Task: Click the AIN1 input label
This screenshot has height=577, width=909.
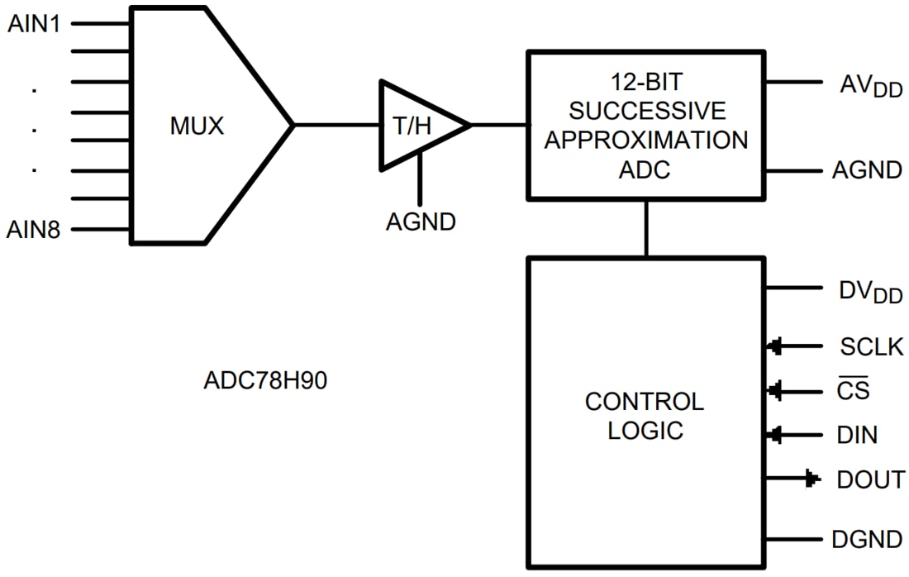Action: pos(35,24)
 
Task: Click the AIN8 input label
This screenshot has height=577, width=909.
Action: pos(35,229)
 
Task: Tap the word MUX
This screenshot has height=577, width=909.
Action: pos(197,126)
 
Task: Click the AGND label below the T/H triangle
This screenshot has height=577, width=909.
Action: pos(421,222)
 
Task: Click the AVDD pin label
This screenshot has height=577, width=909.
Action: pos(870,84)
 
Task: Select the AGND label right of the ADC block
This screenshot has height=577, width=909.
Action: pos(867,171)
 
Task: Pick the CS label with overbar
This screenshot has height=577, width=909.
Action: pos(853,389)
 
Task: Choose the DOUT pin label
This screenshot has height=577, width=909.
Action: pos(870,479)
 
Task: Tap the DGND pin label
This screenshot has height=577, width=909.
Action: pos(867,540)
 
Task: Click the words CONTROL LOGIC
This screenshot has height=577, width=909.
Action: pos(645,416)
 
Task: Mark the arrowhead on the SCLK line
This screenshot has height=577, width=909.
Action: pos(775,347)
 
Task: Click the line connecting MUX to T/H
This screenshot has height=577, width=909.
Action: pos(336,126)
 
